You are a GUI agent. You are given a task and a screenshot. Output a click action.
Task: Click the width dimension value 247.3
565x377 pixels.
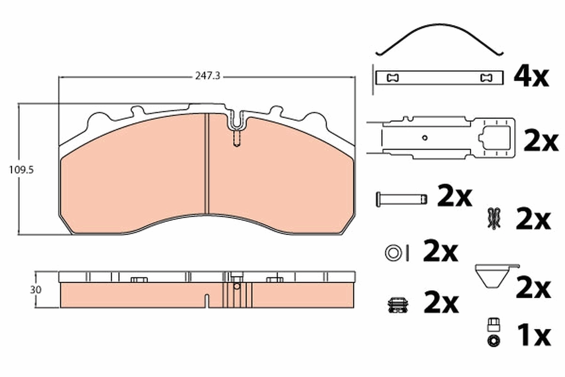pos(207,75)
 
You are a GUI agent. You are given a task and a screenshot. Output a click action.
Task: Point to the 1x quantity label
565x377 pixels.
pos(533,335)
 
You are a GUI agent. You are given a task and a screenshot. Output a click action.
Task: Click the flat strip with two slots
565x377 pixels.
pos(440,78)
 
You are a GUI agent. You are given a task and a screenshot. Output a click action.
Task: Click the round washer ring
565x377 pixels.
pos(392,253)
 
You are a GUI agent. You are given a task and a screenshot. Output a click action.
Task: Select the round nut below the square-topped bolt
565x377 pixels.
pos(493,340)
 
